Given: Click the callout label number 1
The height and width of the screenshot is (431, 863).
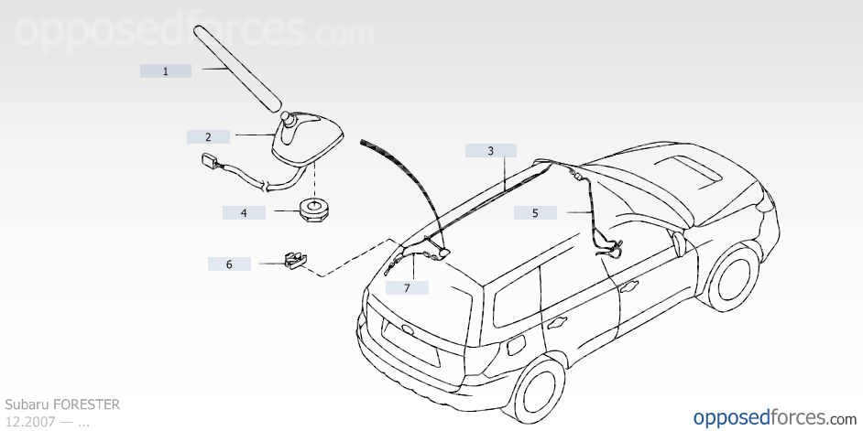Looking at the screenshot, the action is click(165, 70).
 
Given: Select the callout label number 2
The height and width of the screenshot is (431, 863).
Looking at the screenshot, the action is click(208, 137).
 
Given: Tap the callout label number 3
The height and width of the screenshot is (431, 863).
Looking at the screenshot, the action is click(490, 151).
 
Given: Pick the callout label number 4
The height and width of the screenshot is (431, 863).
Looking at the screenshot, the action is click(244, 212).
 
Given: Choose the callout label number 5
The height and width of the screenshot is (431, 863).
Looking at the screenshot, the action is click(535, 212).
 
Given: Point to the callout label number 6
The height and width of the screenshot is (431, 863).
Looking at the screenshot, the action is click(229, 264).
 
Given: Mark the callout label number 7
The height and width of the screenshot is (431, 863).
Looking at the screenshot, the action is click(407, 287).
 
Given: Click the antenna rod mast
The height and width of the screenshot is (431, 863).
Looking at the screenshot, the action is click(238, 68).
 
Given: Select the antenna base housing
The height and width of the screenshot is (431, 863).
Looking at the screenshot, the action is click(307, 137).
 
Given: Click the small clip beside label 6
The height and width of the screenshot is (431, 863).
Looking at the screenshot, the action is click(296, 260).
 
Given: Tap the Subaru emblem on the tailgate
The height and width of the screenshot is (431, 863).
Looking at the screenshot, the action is click(409, 330).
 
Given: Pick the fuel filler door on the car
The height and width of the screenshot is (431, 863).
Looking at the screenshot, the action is click(517, 345).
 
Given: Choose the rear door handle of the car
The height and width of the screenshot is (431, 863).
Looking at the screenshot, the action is click(556, 323).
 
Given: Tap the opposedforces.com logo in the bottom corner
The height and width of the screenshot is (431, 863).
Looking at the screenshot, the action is click(775, 418).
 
